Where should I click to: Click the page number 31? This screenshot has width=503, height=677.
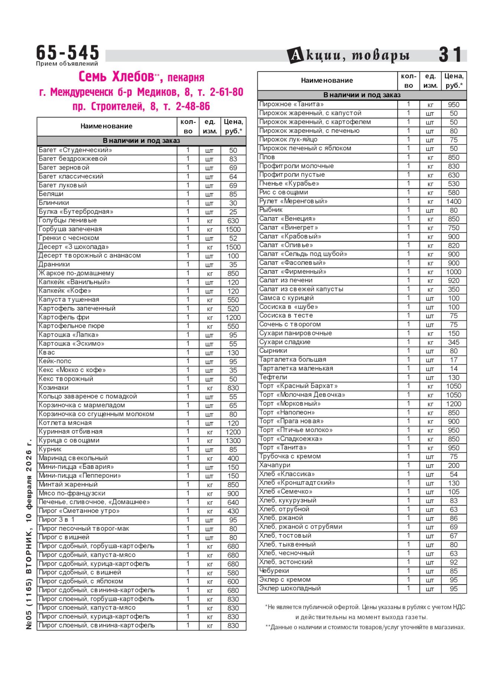pyautogui.click(x=450, y=55)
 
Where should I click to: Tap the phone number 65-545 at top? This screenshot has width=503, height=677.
pyautogui.click(x=68, y=52)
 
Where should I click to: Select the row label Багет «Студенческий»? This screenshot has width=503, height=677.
pyautogui.click(x=75, y=150)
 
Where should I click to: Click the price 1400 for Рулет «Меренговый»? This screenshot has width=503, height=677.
pyautogui.click(x=453, y=202)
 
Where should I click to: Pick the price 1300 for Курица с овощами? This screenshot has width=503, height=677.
pyautogui.click(x=233, y=441)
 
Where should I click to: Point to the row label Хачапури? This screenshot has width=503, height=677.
pyautogui.click(x=274, y=465)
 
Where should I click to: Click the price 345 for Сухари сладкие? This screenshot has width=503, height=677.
pyautogui.click(x=453, y=342)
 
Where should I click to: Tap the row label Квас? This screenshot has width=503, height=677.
pyautogui.click(x=47, y=352)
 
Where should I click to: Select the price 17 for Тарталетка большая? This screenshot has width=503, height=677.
pyautogui.click(x=453, y=360)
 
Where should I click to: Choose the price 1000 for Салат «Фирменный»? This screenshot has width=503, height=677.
pyautogui.click(x=453, y=272)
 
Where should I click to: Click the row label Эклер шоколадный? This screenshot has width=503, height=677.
pyautogui.click(x=290, y=588)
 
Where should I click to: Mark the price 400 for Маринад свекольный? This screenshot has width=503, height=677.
pyautogui.click(x=233, y=458)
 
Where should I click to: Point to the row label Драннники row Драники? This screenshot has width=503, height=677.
pyautogui.click(x=54, y=264)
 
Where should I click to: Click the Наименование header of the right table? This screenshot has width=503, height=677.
pyautogui.click(x=326, y=81)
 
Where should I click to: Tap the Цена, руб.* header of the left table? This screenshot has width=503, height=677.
pyautogui.click(x=233, y=126)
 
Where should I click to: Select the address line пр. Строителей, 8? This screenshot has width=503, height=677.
pyautogui.click(x=141, y=107)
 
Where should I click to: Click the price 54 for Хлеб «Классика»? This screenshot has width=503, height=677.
pyautogui.click(x=453, y=474)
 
